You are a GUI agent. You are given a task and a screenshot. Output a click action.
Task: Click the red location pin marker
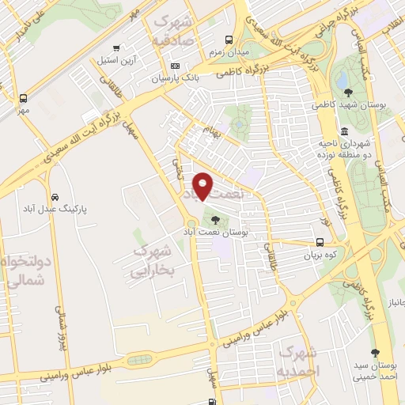click(203, 186)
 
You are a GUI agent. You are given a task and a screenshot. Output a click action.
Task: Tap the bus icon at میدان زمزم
click(229, 39)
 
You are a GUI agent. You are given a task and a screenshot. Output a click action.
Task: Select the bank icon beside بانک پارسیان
click(175, 66)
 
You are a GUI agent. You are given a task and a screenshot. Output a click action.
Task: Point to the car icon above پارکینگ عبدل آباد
click(53, 196)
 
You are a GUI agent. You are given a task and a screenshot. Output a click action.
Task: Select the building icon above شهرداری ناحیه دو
click(344, 131)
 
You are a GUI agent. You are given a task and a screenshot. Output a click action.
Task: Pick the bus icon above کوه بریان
click(320, 243)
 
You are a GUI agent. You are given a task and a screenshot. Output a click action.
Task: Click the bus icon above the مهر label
click(23, 98)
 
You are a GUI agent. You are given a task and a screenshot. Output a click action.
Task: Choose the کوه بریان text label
click(320, 256)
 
